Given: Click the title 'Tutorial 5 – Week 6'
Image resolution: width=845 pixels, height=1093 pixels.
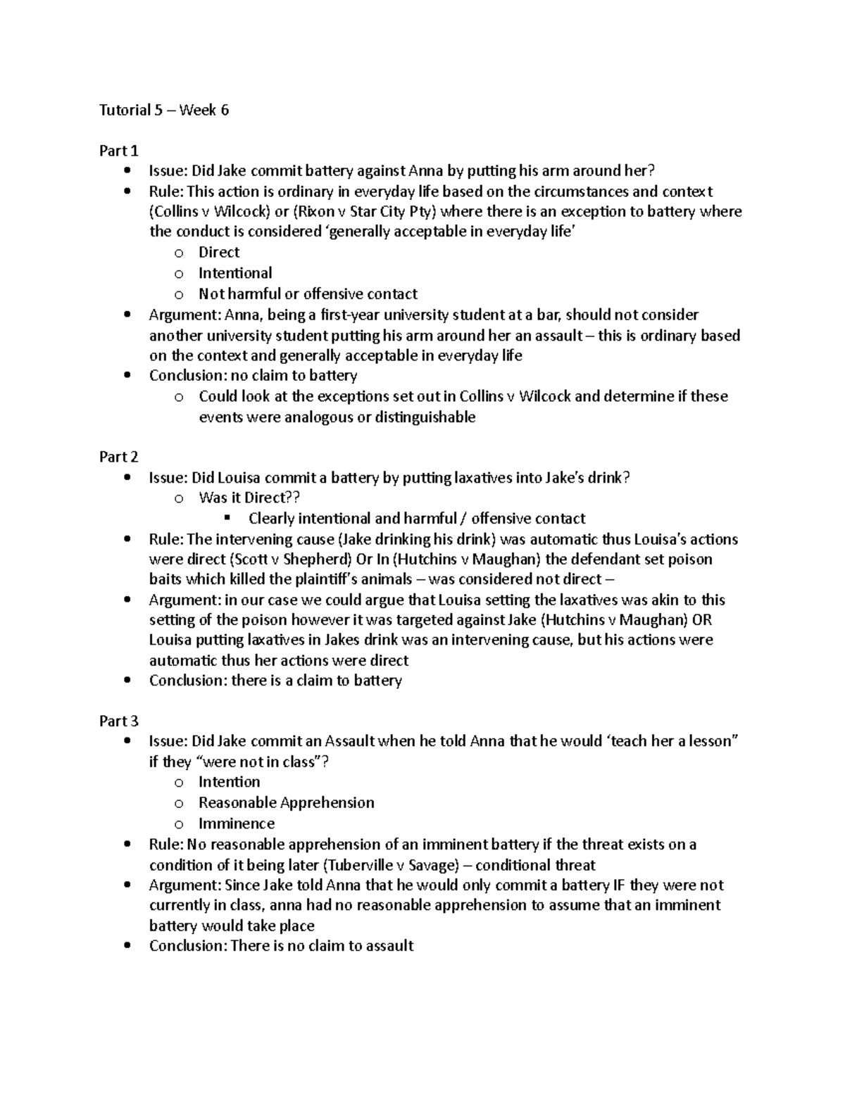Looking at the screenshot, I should coord(164,110).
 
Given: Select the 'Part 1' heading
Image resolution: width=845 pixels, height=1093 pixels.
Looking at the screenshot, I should coord(118,151).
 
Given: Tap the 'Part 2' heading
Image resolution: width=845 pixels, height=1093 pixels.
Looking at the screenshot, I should coord(118,457).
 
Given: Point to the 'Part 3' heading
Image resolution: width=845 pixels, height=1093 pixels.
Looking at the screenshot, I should coord(118,721).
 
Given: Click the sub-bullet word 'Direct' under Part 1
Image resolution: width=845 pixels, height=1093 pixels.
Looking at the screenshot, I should coord(219,253).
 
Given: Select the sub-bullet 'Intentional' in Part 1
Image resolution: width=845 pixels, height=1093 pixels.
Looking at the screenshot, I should coord(235,273).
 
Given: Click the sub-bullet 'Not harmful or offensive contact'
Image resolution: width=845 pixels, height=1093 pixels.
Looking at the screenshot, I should coord(308,293).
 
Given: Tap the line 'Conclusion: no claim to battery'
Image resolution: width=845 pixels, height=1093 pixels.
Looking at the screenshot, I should coord(253,376).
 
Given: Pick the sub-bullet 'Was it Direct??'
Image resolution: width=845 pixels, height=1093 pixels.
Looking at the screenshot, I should coord(249,498).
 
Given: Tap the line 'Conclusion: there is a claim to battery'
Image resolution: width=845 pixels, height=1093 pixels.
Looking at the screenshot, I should coord(275,681).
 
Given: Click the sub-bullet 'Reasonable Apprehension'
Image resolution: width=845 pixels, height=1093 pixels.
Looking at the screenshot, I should coord(286,803).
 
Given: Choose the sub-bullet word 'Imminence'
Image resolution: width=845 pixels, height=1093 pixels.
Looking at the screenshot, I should coord(237,823).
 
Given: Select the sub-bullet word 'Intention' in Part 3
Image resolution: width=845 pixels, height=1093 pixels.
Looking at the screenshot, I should coord(230,782).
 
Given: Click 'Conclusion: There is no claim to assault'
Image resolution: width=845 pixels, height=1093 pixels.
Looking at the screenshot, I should coord(281,946).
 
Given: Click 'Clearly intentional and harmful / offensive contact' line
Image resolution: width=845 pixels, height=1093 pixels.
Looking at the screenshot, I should coord(417,519).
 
